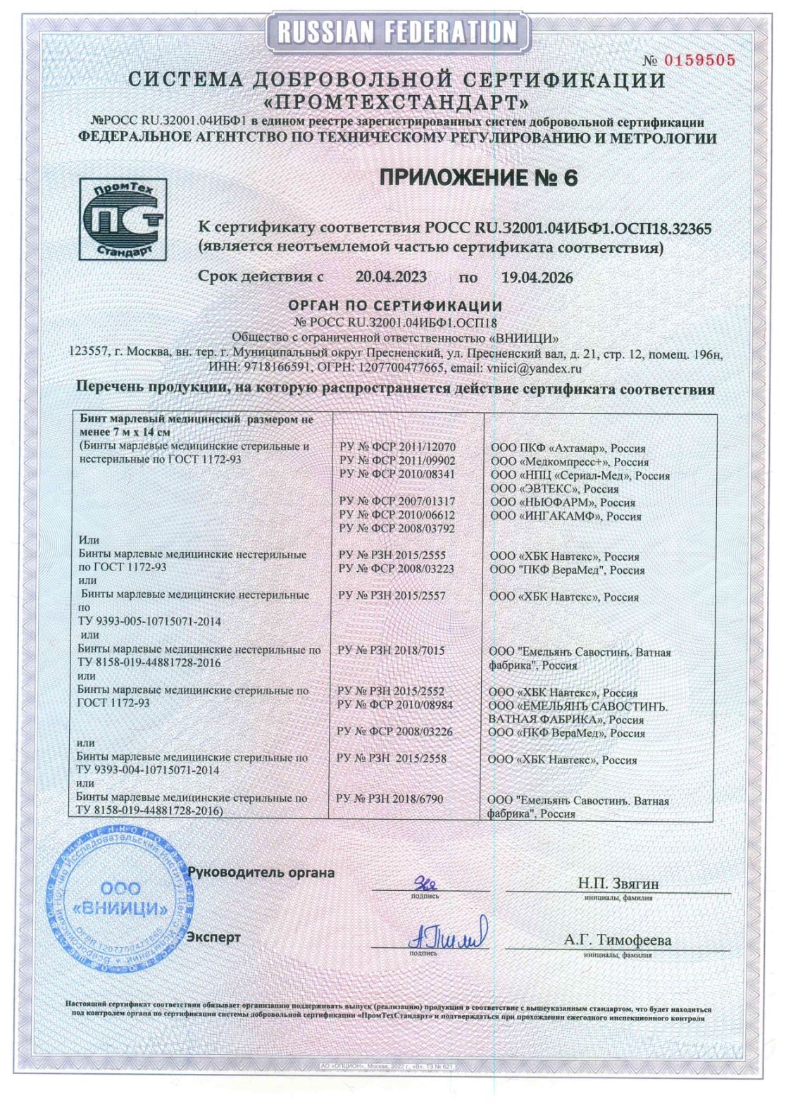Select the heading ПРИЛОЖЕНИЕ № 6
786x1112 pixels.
pyautogui.click(x=478, y=178)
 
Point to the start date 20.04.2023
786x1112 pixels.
pyautogui.click(x=391, y=277)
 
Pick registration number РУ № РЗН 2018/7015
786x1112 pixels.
pyautogui.click(x=391, y=651)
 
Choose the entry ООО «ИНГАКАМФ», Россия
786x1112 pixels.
pyautogui.click(x=565, y=516)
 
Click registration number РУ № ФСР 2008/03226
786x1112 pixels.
pyautogui.click(x=394, y=732)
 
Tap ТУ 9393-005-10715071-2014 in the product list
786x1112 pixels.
pyautogui.click(x=149, y=622)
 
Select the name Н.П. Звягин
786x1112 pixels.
pyautogui.click(x=618, y=883)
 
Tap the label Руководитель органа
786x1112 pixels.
pyautogui.click(x=261, y=873)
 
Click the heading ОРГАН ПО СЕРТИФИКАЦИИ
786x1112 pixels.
pyautogui.click(x=395, y=306)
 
